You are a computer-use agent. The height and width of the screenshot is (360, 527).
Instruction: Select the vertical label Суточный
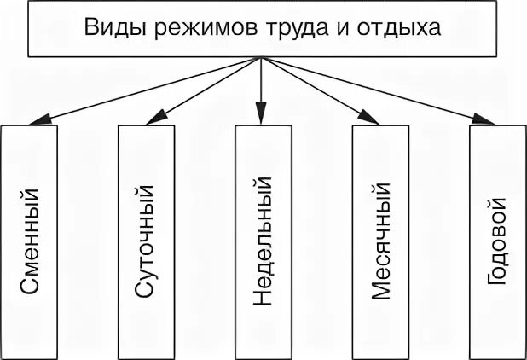click(146, 241)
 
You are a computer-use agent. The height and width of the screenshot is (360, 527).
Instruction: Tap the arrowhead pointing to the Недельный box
click(262, 119)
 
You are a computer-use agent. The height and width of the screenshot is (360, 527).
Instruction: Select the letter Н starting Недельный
click(263, 299)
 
